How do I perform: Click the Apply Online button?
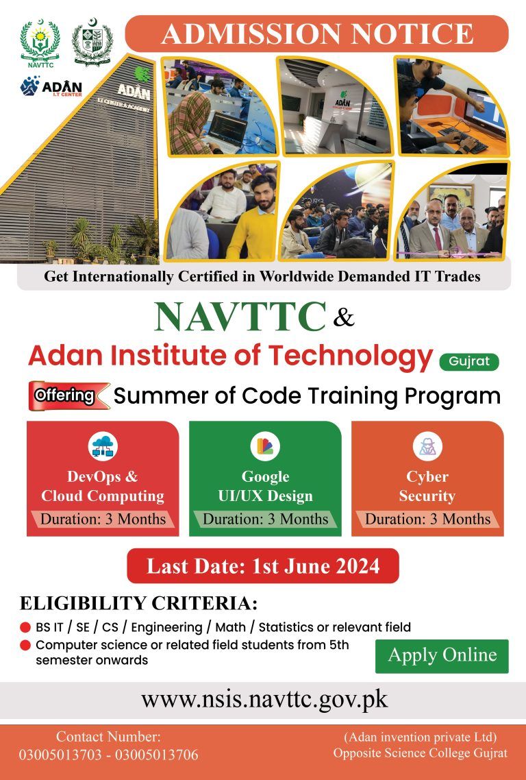[442, 655]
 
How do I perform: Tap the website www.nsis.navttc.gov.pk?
[264, 699]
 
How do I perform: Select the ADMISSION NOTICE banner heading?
[316, 34]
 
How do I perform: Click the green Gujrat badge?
[469, 361]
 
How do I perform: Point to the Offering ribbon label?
[65, 396]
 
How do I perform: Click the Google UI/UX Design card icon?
[265, 447]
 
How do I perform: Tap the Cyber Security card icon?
[427, 447]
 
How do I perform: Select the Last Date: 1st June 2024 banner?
[263, 566]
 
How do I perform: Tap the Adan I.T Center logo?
[51, 87]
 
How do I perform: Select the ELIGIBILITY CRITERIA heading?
[138, 604]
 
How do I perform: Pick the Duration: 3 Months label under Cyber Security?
[427, 519]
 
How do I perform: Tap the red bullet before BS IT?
[25, 627]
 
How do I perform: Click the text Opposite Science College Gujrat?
[421, 753]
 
